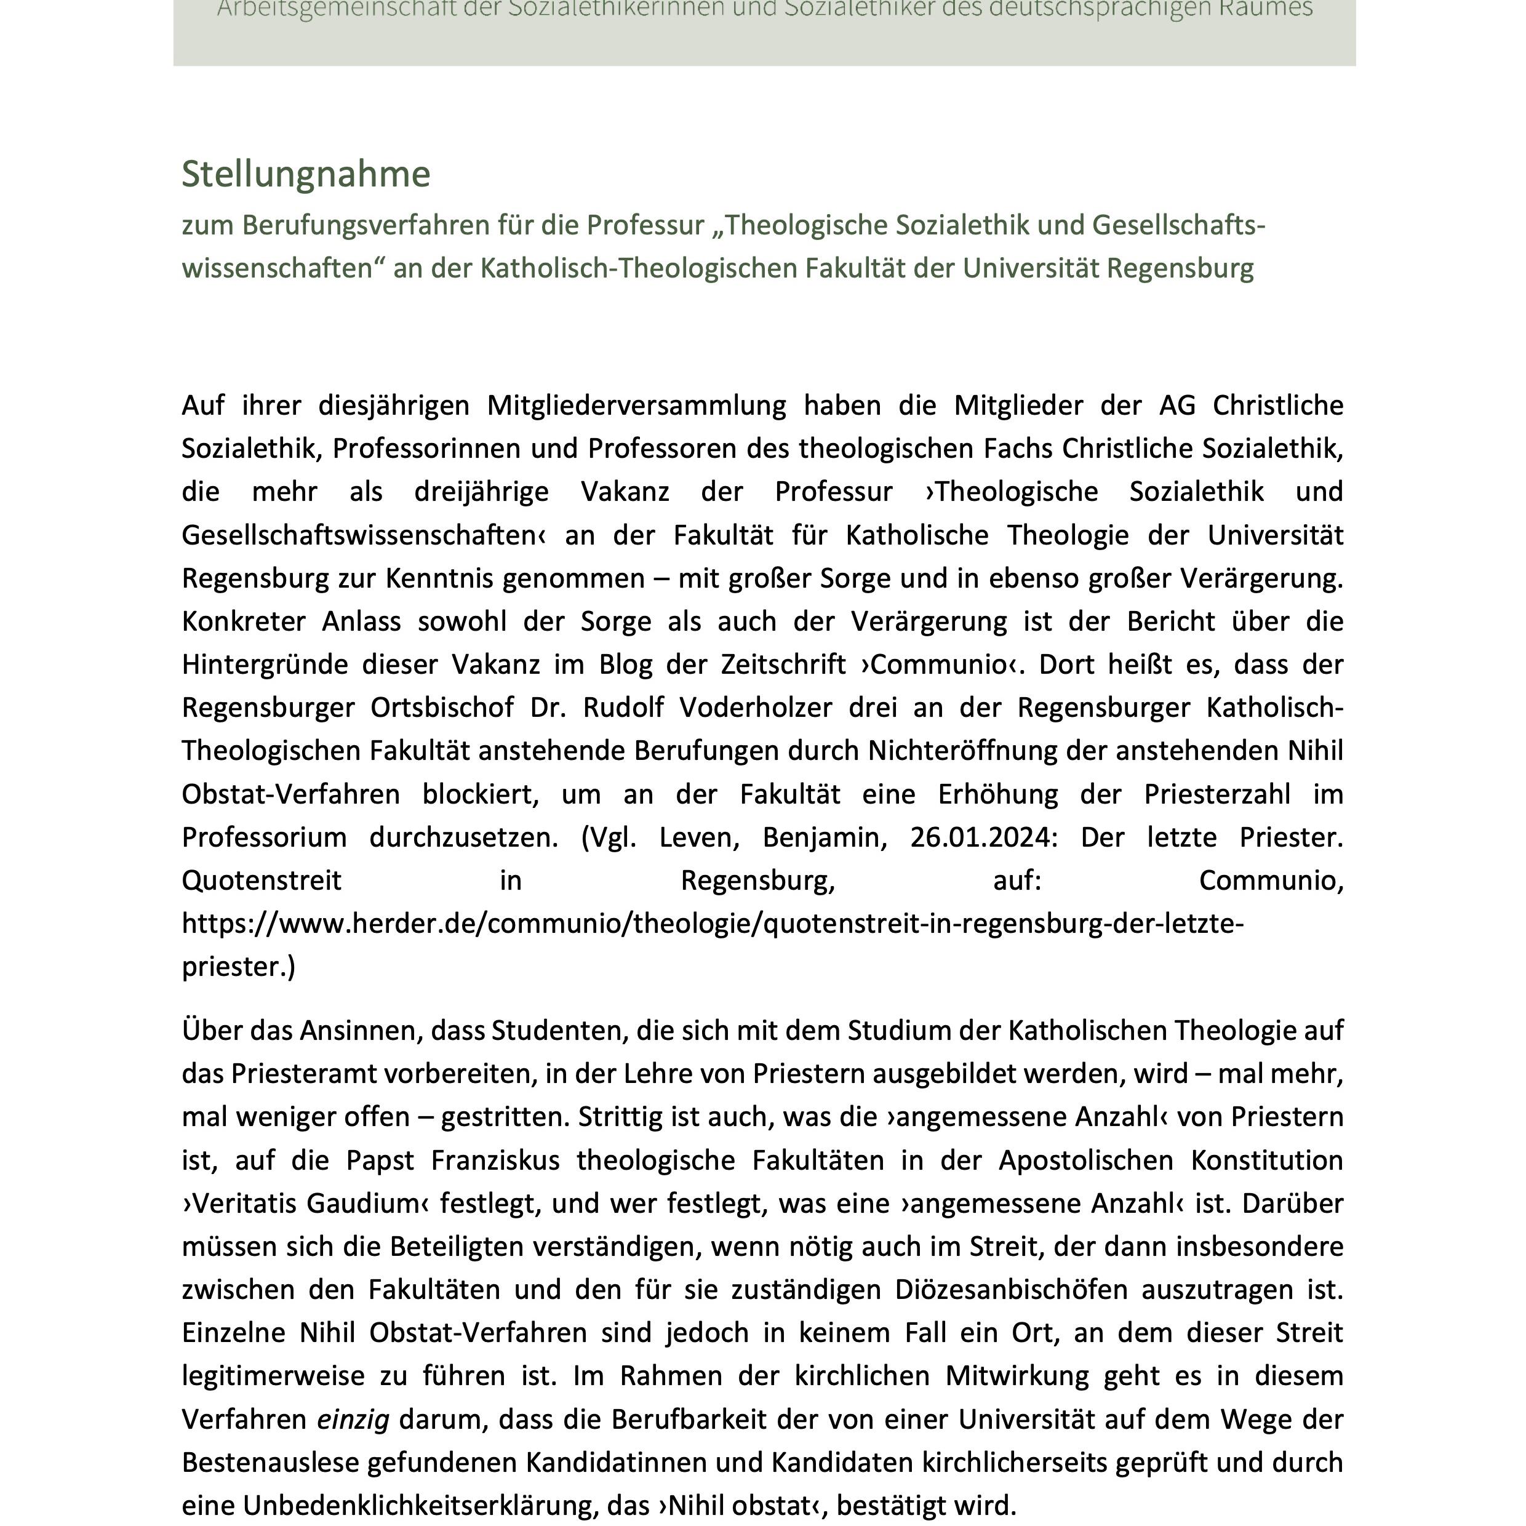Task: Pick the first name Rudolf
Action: pos(623,707)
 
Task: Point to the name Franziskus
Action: pos(495,1160)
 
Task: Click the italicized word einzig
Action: pos(353,1420)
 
